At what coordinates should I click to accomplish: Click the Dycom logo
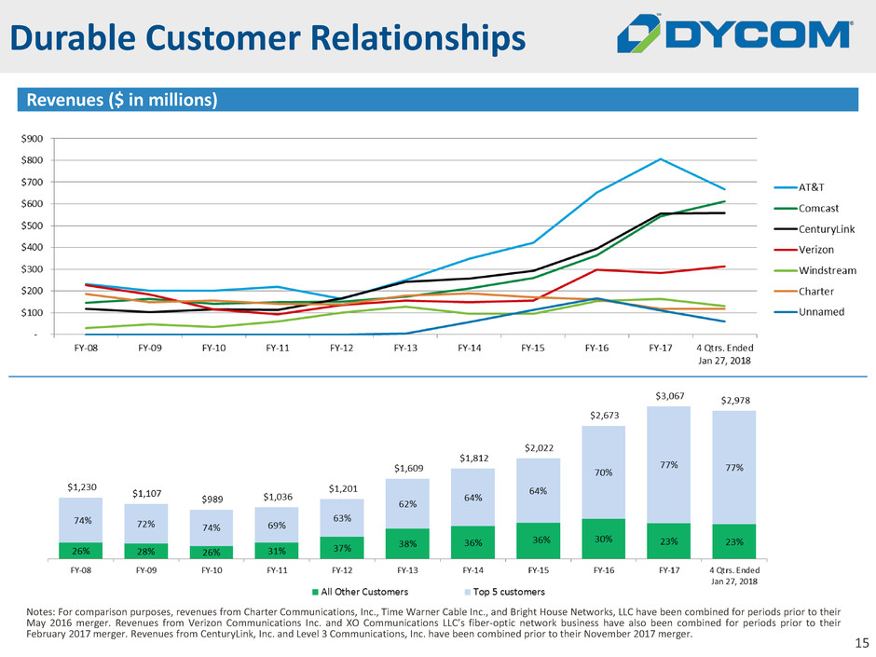coord(735,36)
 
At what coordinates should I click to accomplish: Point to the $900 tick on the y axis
coord(33,138)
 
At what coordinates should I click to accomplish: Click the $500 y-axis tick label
coord(33,226)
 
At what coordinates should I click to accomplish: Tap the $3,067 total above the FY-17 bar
coord(668,397)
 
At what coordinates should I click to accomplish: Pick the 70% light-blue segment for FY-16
coord(603,472)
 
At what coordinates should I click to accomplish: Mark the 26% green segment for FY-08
coord(80,551)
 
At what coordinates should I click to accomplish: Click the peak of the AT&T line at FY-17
coord(661,159)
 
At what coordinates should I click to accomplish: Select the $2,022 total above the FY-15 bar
coord(538,447)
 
